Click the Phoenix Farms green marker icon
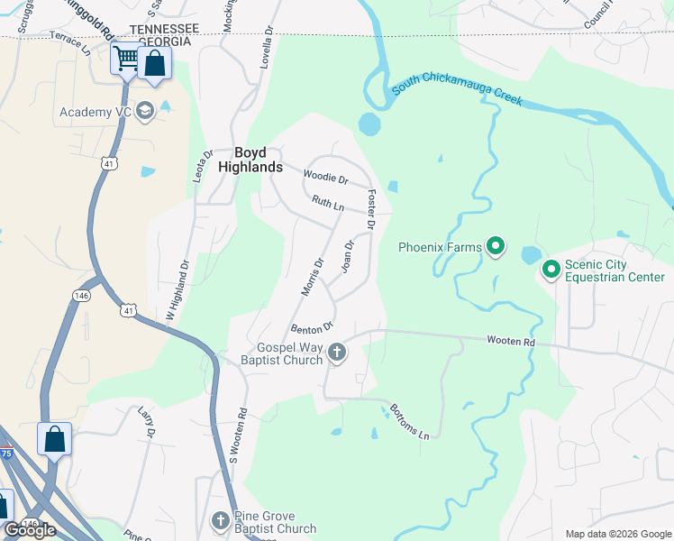(495, 245)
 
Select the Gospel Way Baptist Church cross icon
(337, 353)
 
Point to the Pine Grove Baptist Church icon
(221, 521)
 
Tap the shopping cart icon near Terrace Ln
(126, 60)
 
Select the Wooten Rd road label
(511, 342)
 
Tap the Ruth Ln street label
(328, 205)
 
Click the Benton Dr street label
(313, 326)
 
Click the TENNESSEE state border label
(163, 29)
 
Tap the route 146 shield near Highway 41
(81, 294)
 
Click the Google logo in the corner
(30, 530)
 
